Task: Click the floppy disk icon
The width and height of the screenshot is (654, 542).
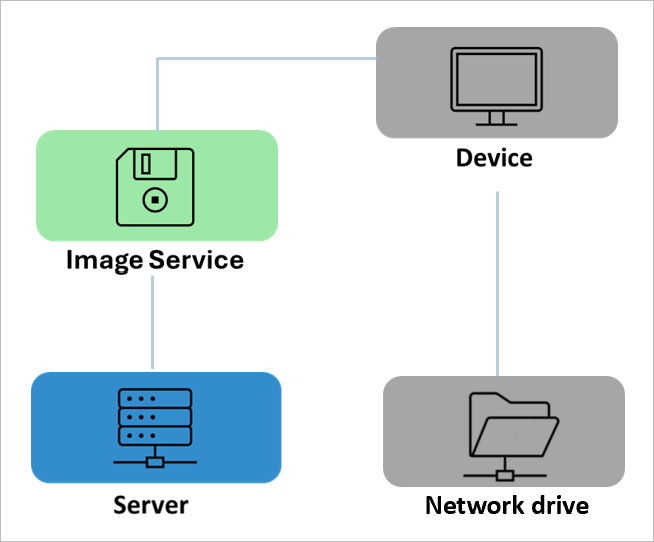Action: coord(154,186)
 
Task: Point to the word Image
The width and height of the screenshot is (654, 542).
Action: coord(103,260)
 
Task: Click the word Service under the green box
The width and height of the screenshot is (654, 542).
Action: coord(196,260)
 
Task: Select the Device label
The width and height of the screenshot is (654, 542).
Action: coord(494,158)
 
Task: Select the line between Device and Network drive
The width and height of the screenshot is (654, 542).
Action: coord(497,280)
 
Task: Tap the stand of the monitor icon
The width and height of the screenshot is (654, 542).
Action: coord(496,119)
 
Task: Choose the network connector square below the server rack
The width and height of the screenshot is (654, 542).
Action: coord(154,461)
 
